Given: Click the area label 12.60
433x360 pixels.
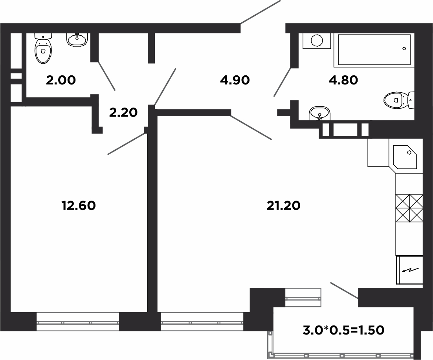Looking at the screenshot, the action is [x=79, y=205].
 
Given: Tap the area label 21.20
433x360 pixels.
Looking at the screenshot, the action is [x=283, y=205].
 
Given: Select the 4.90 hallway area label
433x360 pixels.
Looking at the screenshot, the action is [x=235, y=80].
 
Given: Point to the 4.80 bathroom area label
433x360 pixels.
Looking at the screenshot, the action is [x=343, y=80].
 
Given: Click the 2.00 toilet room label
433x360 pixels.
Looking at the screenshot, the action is [x=61, y=80].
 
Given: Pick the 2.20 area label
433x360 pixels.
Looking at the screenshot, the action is [x=123, y=113].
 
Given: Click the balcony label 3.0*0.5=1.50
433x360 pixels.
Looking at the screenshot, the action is [x=343, y=330].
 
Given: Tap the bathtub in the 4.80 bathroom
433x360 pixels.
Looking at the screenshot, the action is [x=374, y=50].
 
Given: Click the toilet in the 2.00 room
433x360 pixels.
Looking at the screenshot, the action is [x=44, y=49].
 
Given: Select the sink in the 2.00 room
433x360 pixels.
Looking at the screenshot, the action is [x=77, y=40].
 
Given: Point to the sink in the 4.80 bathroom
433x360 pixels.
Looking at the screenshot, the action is [x=320, y=113].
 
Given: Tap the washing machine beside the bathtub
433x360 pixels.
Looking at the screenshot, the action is [x=317, y=41].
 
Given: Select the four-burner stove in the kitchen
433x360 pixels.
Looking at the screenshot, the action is [x=409, y=208].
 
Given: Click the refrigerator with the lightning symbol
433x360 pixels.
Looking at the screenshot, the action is [x=410, y=270].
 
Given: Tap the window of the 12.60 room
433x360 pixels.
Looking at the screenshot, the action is [x=77, y=322].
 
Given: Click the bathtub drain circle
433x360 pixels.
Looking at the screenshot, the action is [x=404, y=49].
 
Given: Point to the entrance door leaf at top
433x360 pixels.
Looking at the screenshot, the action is [x=260, y=12].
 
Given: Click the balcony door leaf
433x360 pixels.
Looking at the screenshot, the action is [x=344, y=291].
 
